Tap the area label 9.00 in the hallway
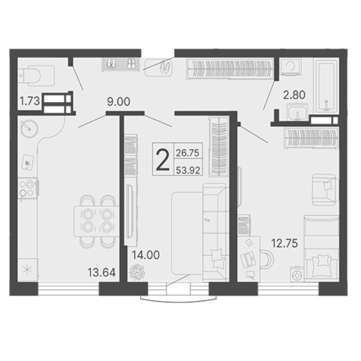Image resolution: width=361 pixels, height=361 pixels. tap(119, 102)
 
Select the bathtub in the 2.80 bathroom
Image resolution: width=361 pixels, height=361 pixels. tap(327, 85)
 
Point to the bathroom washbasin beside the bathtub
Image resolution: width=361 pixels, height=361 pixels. tap(298, 112)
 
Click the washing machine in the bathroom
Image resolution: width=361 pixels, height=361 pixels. tap(291, 66)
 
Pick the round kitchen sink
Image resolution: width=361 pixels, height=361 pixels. tap(29, 128)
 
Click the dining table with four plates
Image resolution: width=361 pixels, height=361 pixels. tap(97, 221)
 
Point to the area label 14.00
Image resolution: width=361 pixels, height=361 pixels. tap(146, 255)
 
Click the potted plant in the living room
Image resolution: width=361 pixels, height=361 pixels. tap(137, 272)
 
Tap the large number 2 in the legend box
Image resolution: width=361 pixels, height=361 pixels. tap(163, 160)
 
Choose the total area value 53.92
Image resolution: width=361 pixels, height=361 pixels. tap(188, 171)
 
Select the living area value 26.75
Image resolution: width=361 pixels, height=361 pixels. tap(187, 153)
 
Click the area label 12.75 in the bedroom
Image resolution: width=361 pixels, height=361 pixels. tap(285, 243)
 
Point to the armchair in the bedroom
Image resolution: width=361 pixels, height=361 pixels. tap(325, 190)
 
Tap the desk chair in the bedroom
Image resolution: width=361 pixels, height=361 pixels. tap(267, 259)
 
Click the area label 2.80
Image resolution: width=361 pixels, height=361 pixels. tap(294, 95)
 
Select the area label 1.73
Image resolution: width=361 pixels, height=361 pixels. tap(30, 101)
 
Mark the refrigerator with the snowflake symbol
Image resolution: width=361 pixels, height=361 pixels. tap(27, 270)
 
